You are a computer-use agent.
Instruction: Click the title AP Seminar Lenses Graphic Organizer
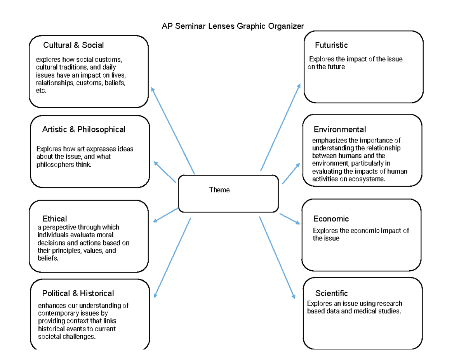pyautogui.click(x=233, y=26)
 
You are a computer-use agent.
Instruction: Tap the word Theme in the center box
pyautogui.click(x=219, y=190)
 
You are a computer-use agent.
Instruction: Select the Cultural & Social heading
pyautogui.click(x=73, y=45)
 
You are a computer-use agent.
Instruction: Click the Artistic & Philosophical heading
pyautogui.click(x=83, y=129)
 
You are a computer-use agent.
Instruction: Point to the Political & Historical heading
pyautogui.click(x=78, y=293)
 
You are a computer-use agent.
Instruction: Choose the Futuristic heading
pyautogui.click(x=331, y=45)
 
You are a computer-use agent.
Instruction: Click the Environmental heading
pyautogui.click(x=340, y=129)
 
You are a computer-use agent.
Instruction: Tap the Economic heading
pyautogui.click(x=331, y=219)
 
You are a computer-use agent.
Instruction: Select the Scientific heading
pyautogui.click(x=331, y=293)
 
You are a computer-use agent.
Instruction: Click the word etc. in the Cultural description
pyautogui.click(x=41, y=90)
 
